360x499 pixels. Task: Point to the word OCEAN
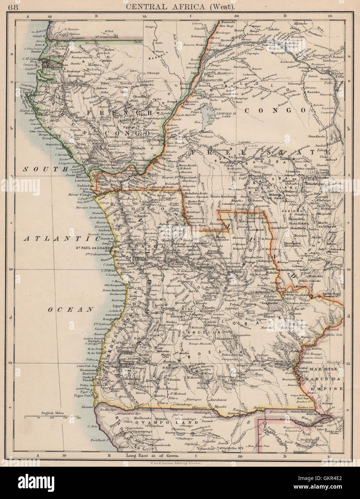point(71,309)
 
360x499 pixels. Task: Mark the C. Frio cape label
point(93,426)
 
